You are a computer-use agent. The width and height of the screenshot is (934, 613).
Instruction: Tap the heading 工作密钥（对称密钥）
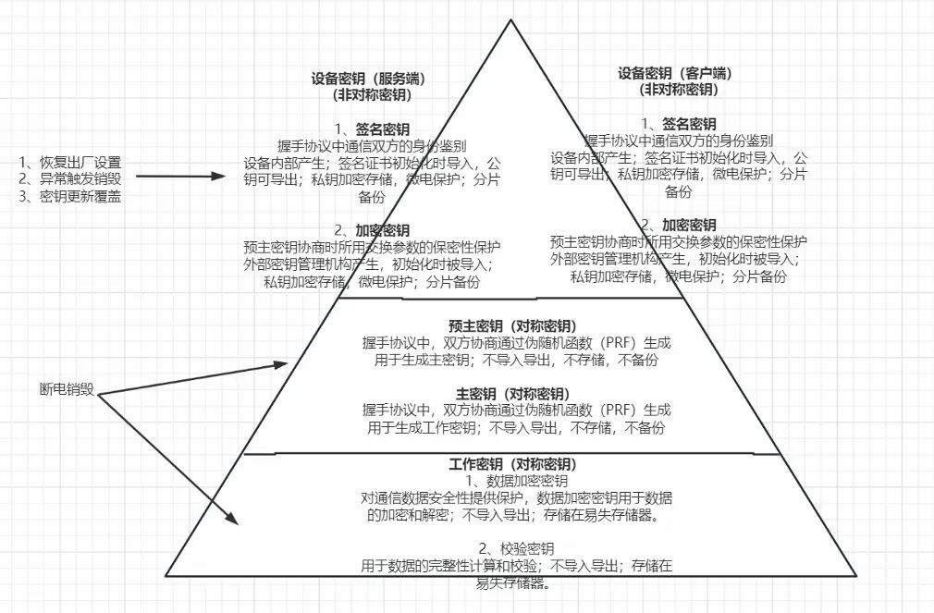click(512, 463)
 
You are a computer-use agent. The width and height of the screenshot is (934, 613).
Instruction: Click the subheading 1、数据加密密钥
click(512, 481)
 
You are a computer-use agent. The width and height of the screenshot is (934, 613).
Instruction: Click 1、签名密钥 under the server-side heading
click(373, 129)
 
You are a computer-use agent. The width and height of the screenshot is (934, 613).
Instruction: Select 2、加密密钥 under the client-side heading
click(678, 225)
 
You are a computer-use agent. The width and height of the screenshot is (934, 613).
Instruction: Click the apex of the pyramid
click(510, 19)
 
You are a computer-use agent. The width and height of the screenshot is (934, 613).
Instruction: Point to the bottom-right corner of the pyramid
click(857, 574)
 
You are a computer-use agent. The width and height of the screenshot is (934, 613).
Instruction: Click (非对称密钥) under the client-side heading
click(678, 89)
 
